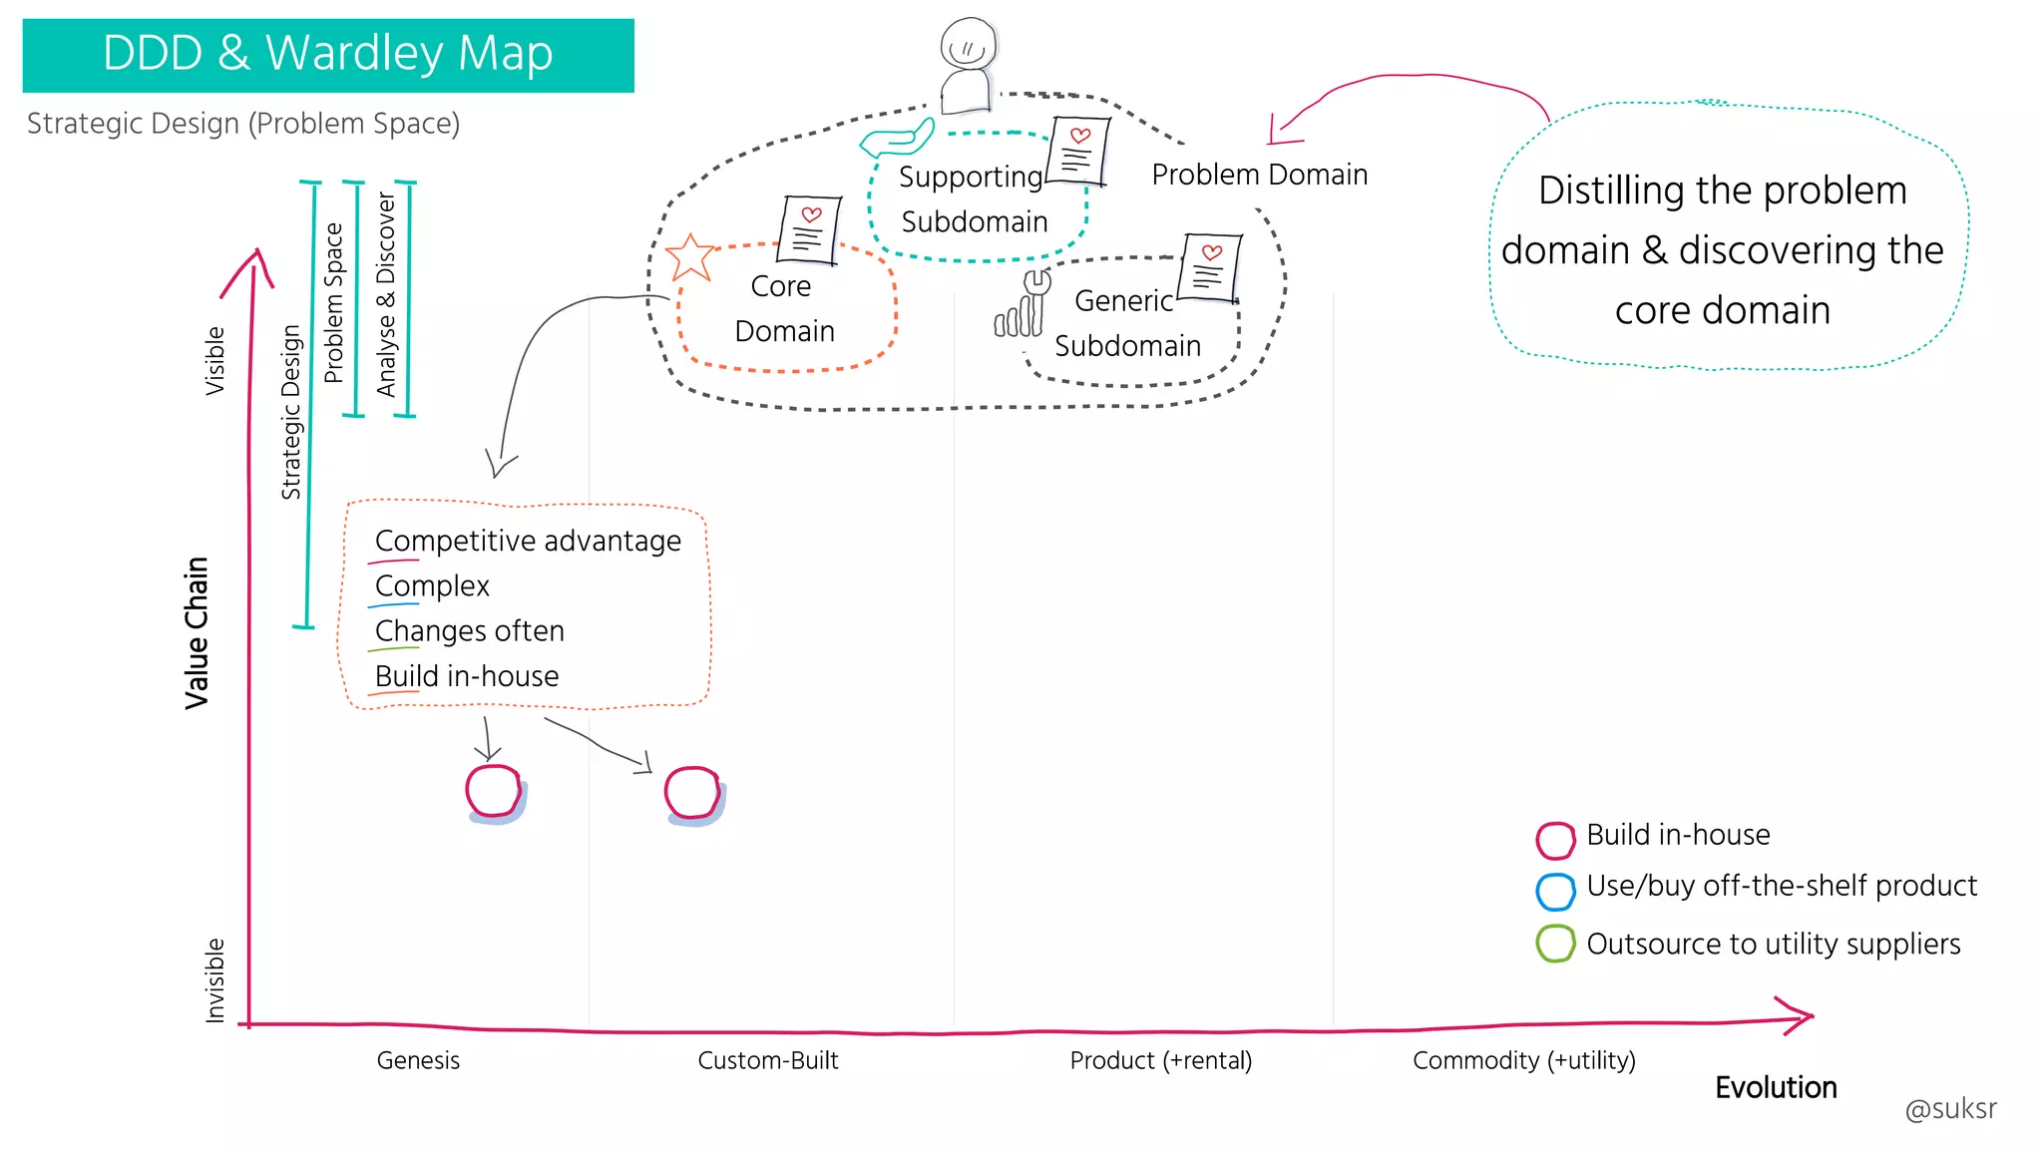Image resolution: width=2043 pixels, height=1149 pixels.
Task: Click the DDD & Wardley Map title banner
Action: coord(328,55)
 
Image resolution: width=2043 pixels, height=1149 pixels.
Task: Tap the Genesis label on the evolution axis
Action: coord(418,1060)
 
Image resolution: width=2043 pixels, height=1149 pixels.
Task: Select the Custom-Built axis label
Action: coord(767,1060)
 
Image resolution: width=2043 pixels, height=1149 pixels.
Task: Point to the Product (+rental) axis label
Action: coord(1160,1060)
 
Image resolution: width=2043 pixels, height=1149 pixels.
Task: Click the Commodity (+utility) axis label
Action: coord(1523,1060)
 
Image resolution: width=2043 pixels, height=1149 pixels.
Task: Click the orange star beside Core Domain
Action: coord(690,257)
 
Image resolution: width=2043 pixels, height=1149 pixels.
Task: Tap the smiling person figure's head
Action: coord(968,44)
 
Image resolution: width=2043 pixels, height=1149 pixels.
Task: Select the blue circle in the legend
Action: coord(1555,892)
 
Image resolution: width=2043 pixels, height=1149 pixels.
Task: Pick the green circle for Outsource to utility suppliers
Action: coord(1555,944)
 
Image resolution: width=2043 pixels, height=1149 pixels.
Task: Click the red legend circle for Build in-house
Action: coord(1555,840)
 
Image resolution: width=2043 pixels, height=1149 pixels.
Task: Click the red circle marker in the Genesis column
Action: coord(494,792)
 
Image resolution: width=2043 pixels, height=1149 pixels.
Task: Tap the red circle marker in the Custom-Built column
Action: coord(692,794)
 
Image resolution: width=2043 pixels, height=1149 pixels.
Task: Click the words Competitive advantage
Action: coord(528,541)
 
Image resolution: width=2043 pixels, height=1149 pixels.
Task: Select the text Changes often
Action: coord(469,631)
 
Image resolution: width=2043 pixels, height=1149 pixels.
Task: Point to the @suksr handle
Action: coord(1950,1109)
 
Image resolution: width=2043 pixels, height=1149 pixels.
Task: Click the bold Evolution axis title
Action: coord(1776,1087)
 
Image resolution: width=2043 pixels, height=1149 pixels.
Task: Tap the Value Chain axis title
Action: coord(198,632)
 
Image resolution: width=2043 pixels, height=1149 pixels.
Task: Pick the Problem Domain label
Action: coord(1259,175)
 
